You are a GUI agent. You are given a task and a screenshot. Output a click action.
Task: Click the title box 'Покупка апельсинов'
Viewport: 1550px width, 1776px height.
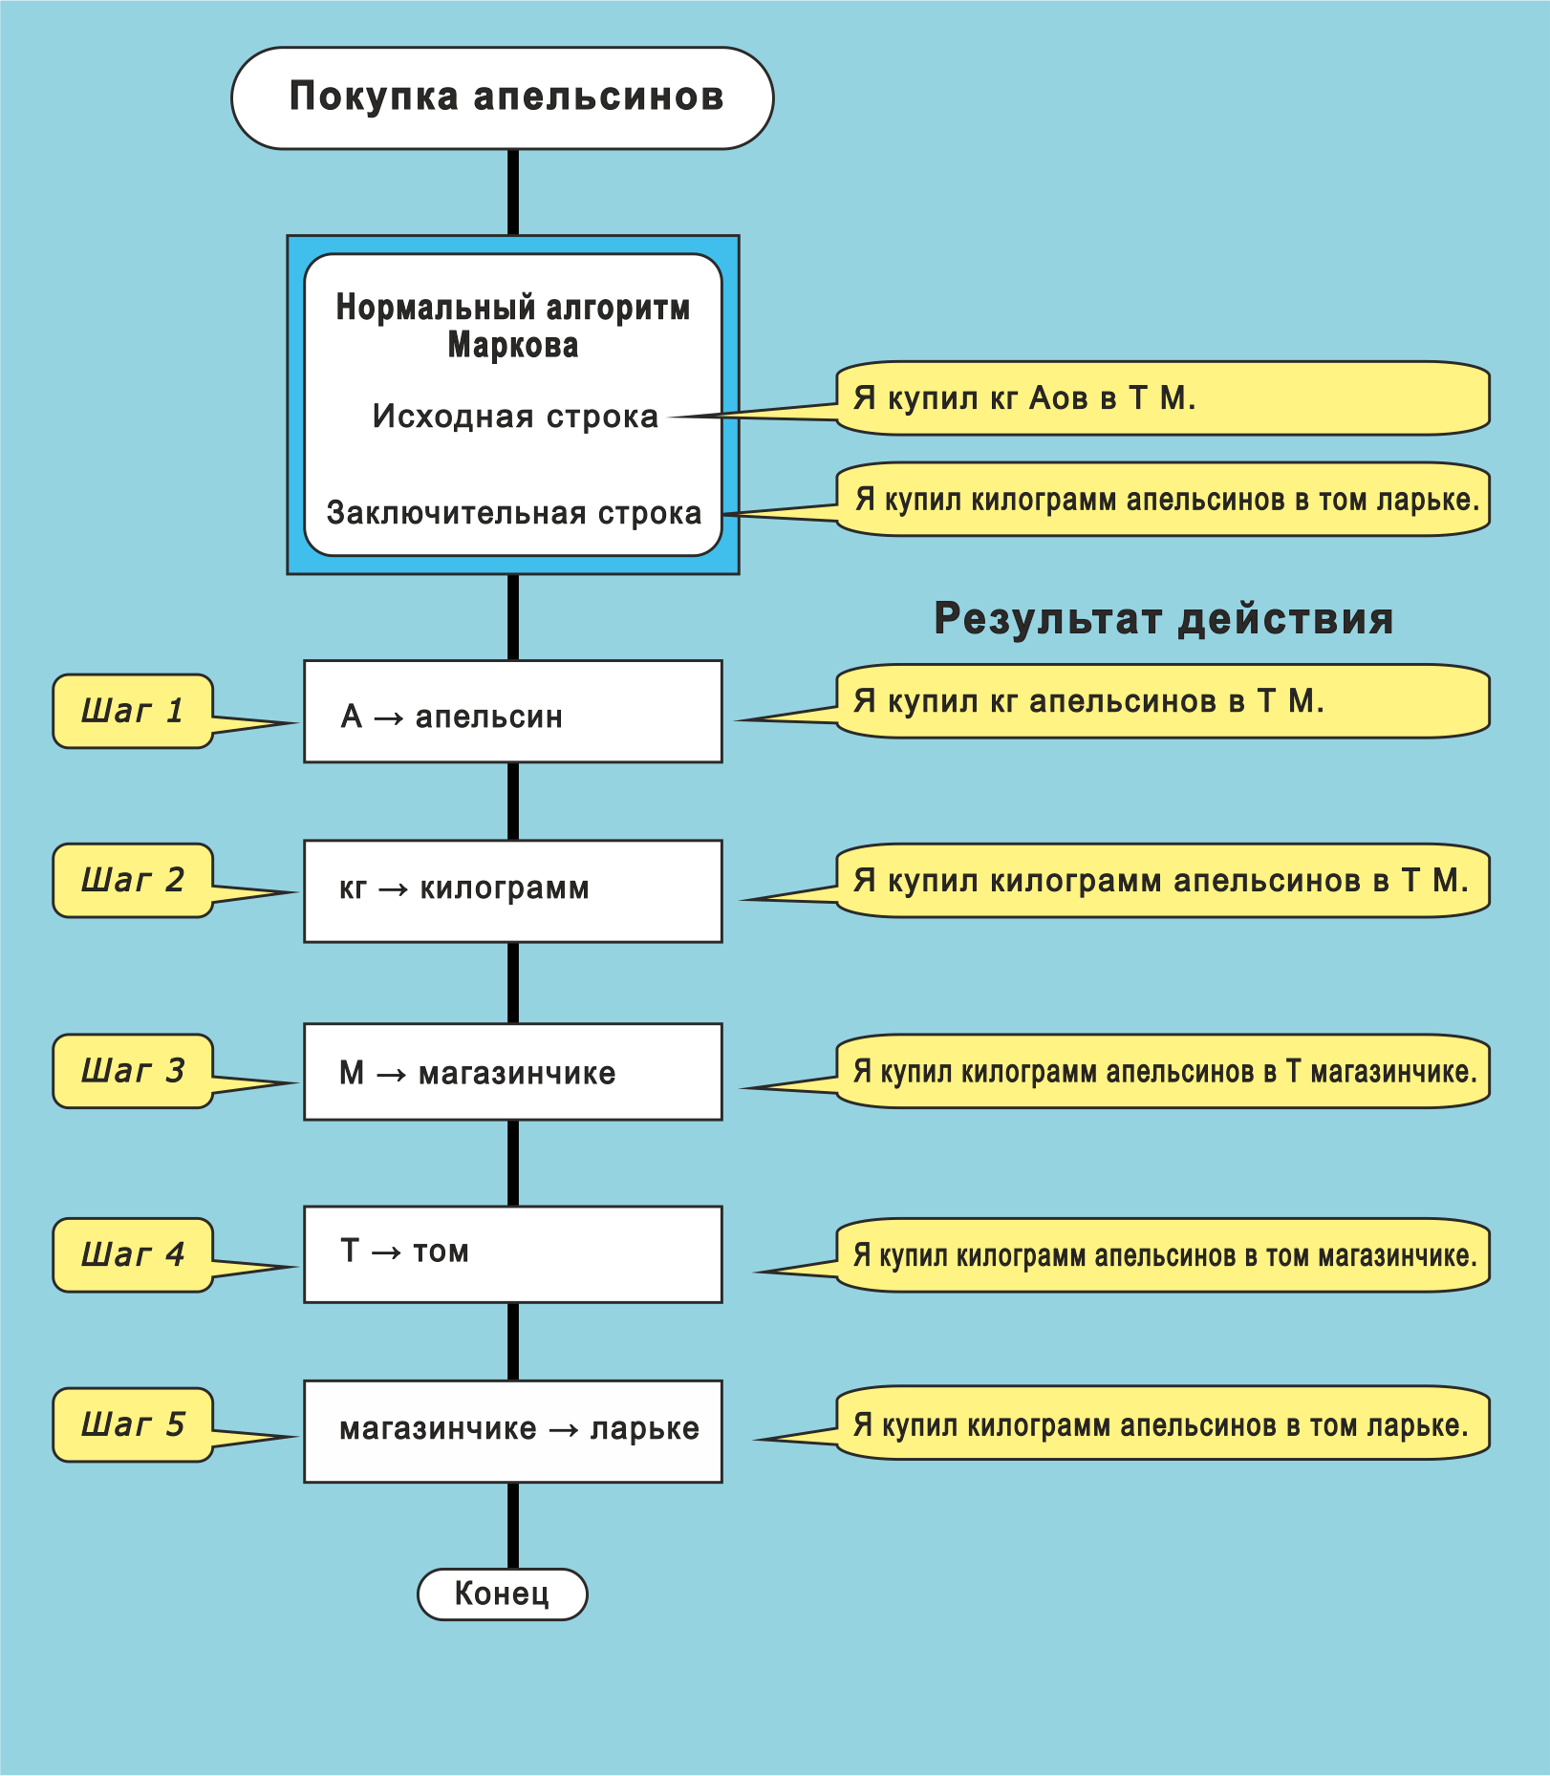pyautogui.click(x=503, y=97)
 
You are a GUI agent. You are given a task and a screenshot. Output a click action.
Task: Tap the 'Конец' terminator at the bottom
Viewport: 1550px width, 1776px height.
pyautogui.click(x=503, y=1594)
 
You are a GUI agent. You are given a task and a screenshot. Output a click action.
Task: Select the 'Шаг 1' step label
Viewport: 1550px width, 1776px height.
pyautogui.click(x=133, y=711)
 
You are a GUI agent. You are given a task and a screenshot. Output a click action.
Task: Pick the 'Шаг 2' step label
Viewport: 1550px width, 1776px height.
pyautogui.click(x=133, y=880)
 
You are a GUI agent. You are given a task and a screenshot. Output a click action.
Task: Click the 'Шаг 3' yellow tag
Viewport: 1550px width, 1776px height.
pyautogui.click(x=133, y=1071)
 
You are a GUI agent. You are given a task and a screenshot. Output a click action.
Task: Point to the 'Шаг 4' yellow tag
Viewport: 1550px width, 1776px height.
pyautogui.click(x=133, y=1254)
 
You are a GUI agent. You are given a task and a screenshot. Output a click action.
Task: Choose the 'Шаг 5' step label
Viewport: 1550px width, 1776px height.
pyautogui.click(x=133, y=1424)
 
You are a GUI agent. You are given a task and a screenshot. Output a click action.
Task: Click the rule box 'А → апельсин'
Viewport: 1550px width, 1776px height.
pyautogui.click(x=512, y=712)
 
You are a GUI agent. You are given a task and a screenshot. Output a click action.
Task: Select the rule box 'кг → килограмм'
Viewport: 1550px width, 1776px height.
pyautogui.click(x=512, y=890)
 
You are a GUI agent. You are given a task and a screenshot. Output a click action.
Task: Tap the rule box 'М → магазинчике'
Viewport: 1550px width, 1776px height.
pyautogui.click(x=512, y=1072)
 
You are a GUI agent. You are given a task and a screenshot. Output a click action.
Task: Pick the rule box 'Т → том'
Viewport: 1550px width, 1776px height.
pyautogui.click(x=512, y=1253)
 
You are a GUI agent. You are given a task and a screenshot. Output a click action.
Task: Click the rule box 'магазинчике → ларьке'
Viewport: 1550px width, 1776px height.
pyautogui.click(x=512, y=1430)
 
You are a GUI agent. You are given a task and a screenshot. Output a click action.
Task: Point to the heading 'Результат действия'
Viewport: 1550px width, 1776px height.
pyautogui.click(x=1163, y=618)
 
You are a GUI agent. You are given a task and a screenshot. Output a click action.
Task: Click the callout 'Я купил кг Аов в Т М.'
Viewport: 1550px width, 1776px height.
pyautogui.click(x=1162, y=398)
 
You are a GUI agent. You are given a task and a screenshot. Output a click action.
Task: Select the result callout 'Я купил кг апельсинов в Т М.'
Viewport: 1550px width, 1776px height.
pyautogui.click(x=1162, y=701)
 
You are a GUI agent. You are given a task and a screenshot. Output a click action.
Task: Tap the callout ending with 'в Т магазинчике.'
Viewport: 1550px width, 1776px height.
pyautogui.click(x=1162, y=1071)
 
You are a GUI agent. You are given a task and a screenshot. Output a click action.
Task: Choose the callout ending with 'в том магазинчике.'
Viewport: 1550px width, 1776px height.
pyautogui.click(x=1162, y=1254)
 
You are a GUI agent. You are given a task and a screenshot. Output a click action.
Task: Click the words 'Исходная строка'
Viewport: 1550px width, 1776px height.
pyautogui.click(x=515, y=417)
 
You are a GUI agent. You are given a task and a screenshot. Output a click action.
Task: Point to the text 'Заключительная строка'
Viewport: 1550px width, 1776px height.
pyautogui.click(x=514, y=513)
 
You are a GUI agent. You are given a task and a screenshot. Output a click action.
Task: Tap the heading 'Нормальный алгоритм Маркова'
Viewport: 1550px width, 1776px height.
pyautogui.click(x=513, y=326)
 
